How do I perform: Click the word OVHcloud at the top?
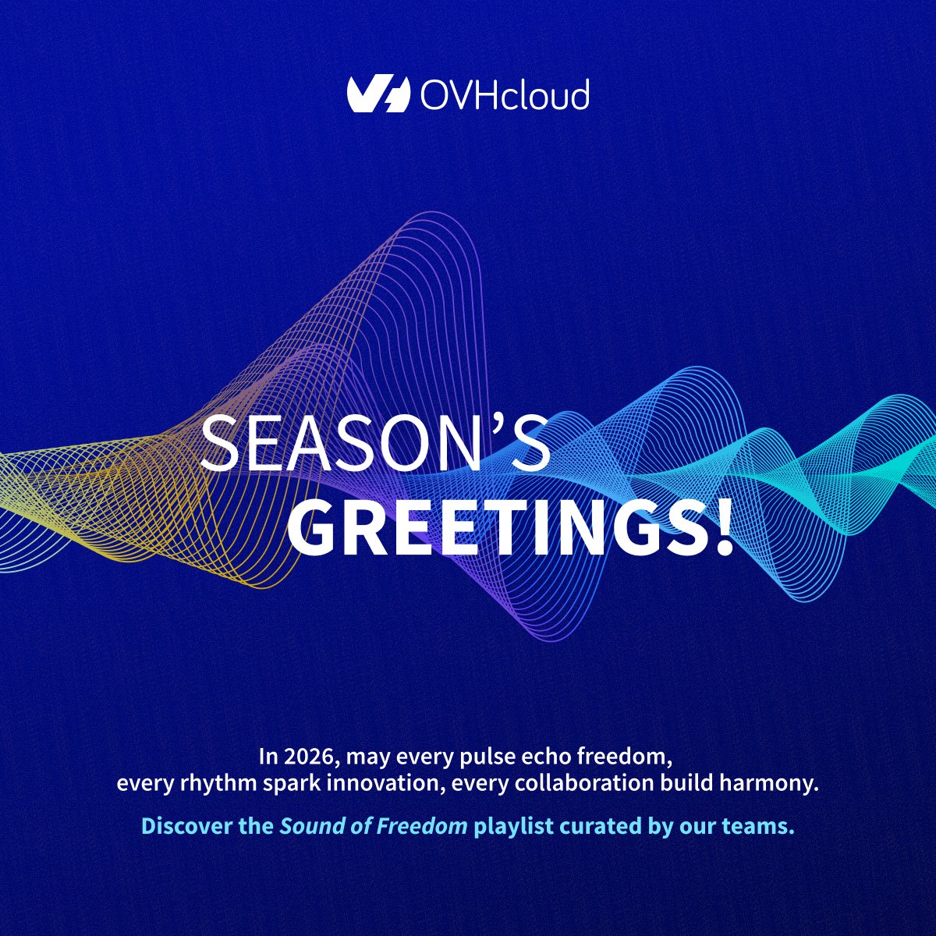[x=504, y=94]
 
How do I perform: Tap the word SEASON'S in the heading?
[x=375, y=443]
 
